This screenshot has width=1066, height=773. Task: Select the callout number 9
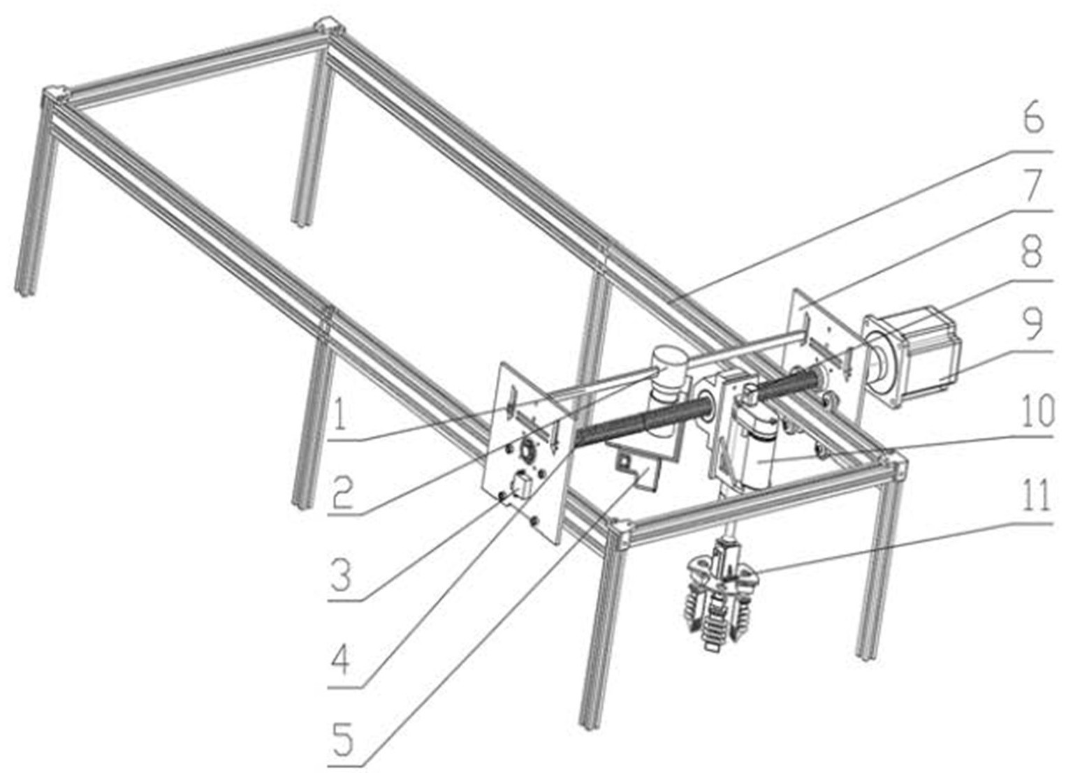click(1033, 325)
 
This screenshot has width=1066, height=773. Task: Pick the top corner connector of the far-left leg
click(54, 95)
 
